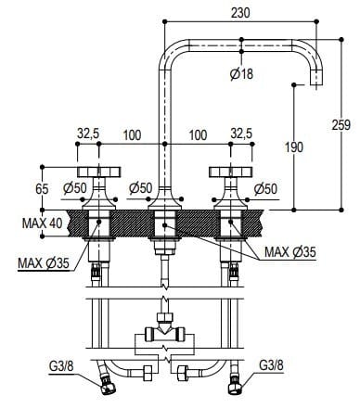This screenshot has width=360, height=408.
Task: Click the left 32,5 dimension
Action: [x=89, y=134]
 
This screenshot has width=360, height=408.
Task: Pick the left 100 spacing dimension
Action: [x=131, y=135]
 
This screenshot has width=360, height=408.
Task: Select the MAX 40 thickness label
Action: [x=41, y=223]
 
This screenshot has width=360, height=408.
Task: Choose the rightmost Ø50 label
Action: [x=264, y=189]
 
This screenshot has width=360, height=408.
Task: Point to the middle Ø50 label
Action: [x=140, y=189]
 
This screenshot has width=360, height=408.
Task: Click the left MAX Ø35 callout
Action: [x=41, y=262]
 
